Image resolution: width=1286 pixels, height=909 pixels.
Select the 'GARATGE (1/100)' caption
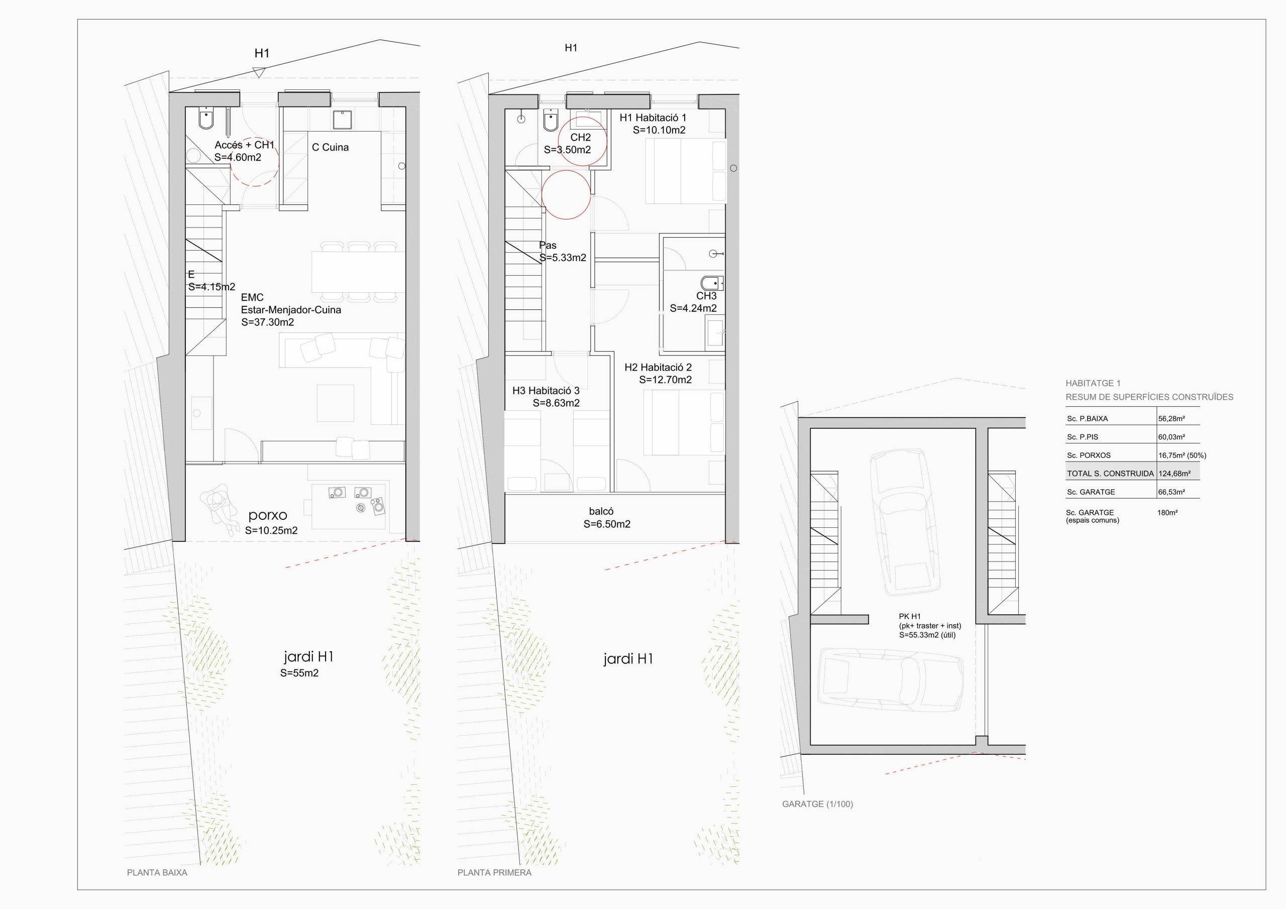click(x=817, y=804)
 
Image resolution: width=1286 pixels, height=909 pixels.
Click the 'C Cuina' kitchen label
click(x=330, y=147)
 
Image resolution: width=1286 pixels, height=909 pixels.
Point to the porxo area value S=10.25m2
click(x=271, y=530)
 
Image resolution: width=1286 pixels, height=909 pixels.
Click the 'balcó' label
click(x=601, y=511)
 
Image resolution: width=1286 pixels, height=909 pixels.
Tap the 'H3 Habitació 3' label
click(x=546, y=390)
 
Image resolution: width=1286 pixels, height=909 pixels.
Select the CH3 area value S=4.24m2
click(x=693, y=308)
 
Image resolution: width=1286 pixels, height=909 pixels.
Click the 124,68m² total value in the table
click(x=1174, y=474)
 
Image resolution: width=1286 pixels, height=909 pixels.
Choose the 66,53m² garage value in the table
click(x=1171, y=492)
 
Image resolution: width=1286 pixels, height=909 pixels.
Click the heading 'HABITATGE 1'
click(x=1093, y=384)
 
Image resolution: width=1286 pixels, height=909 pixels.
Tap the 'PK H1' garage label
click(x=910, y=616)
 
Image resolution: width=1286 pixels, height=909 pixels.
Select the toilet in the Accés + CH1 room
click(x=206, y=118)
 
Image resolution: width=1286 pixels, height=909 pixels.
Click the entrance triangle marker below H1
click(x=258, y=72)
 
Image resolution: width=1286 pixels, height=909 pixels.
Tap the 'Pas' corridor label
click(x=548, y=245)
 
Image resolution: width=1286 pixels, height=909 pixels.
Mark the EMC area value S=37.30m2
click(x=267, y=322)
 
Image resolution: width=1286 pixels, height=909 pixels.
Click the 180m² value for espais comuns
click(x=1167, y=512)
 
